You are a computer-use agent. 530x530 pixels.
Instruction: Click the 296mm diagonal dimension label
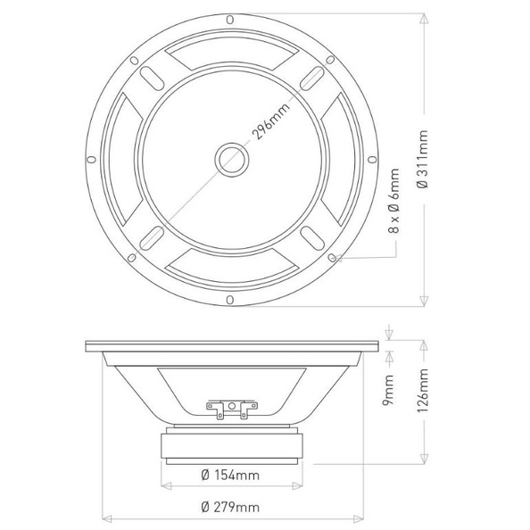tap(271, 120)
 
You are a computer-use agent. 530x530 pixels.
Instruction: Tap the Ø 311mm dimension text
tap(423, 159)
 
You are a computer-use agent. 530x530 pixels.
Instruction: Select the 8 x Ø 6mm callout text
tap(393, 201)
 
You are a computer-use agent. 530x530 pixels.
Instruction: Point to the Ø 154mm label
tap(230, 476)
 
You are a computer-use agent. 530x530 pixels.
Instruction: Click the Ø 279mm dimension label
tap(230, 508)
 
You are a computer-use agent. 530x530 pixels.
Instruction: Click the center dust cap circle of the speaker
tap(232, 159)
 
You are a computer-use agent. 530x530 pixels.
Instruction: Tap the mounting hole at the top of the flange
tap(230, 20)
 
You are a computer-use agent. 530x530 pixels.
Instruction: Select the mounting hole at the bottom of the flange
tap(230, 300)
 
